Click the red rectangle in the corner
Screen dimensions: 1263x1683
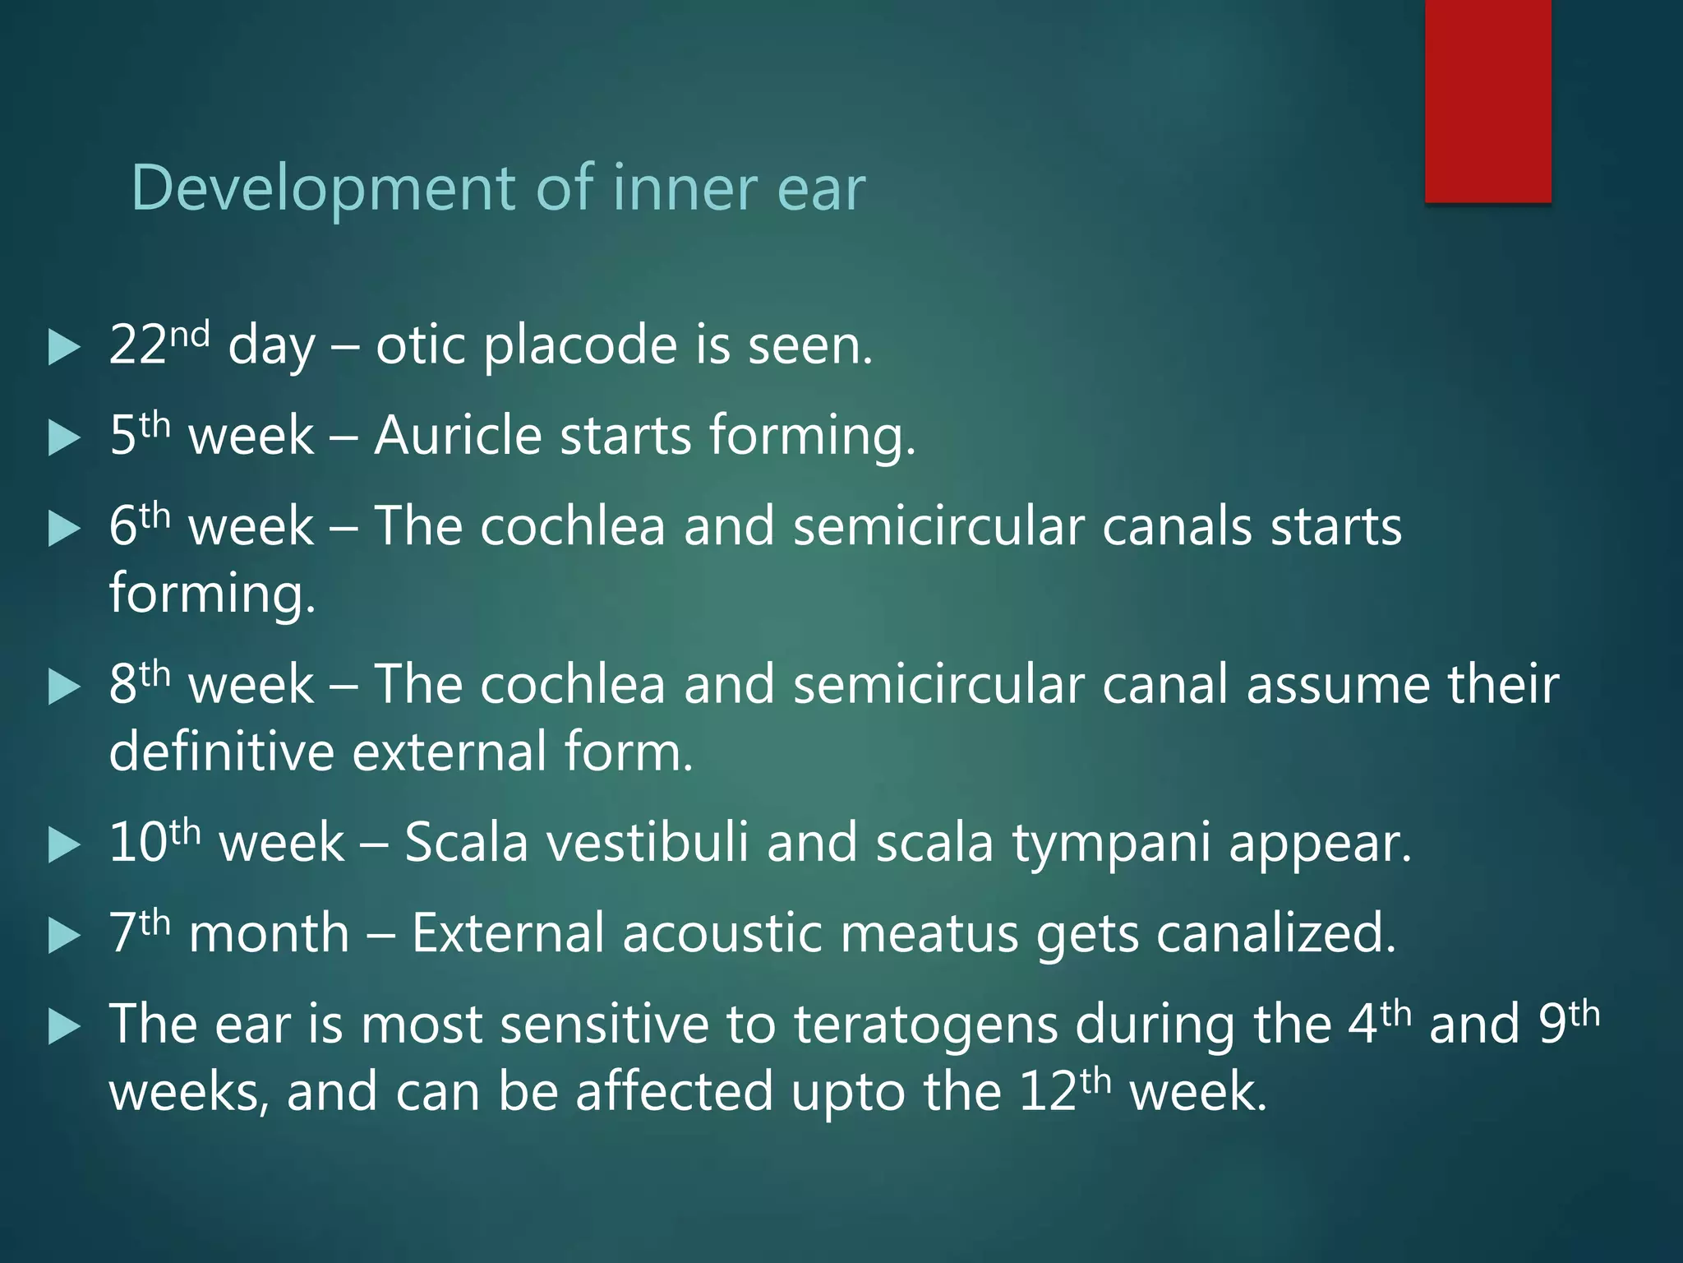coord(1487,100)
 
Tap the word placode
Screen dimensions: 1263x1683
coord(580,345)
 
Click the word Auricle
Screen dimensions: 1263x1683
coord(458,435)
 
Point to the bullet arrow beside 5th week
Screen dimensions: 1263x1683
coord(64,437)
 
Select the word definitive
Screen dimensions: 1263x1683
coord(221,752)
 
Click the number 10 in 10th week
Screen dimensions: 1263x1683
coord(138,843)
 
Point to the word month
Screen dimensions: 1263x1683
coord(269,934)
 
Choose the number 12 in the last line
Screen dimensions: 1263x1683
coord(1048,1093)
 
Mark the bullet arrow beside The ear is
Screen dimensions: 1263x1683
coord(64,1028)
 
